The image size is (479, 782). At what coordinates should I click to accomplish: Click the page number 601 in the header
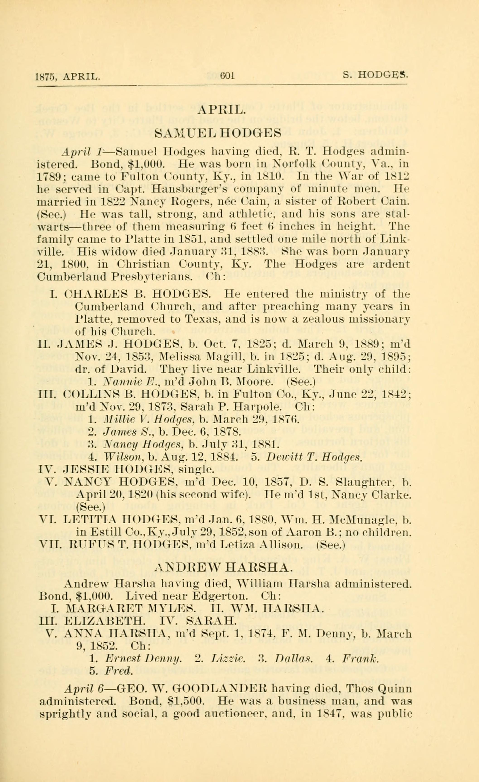[x=227, y=76]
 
